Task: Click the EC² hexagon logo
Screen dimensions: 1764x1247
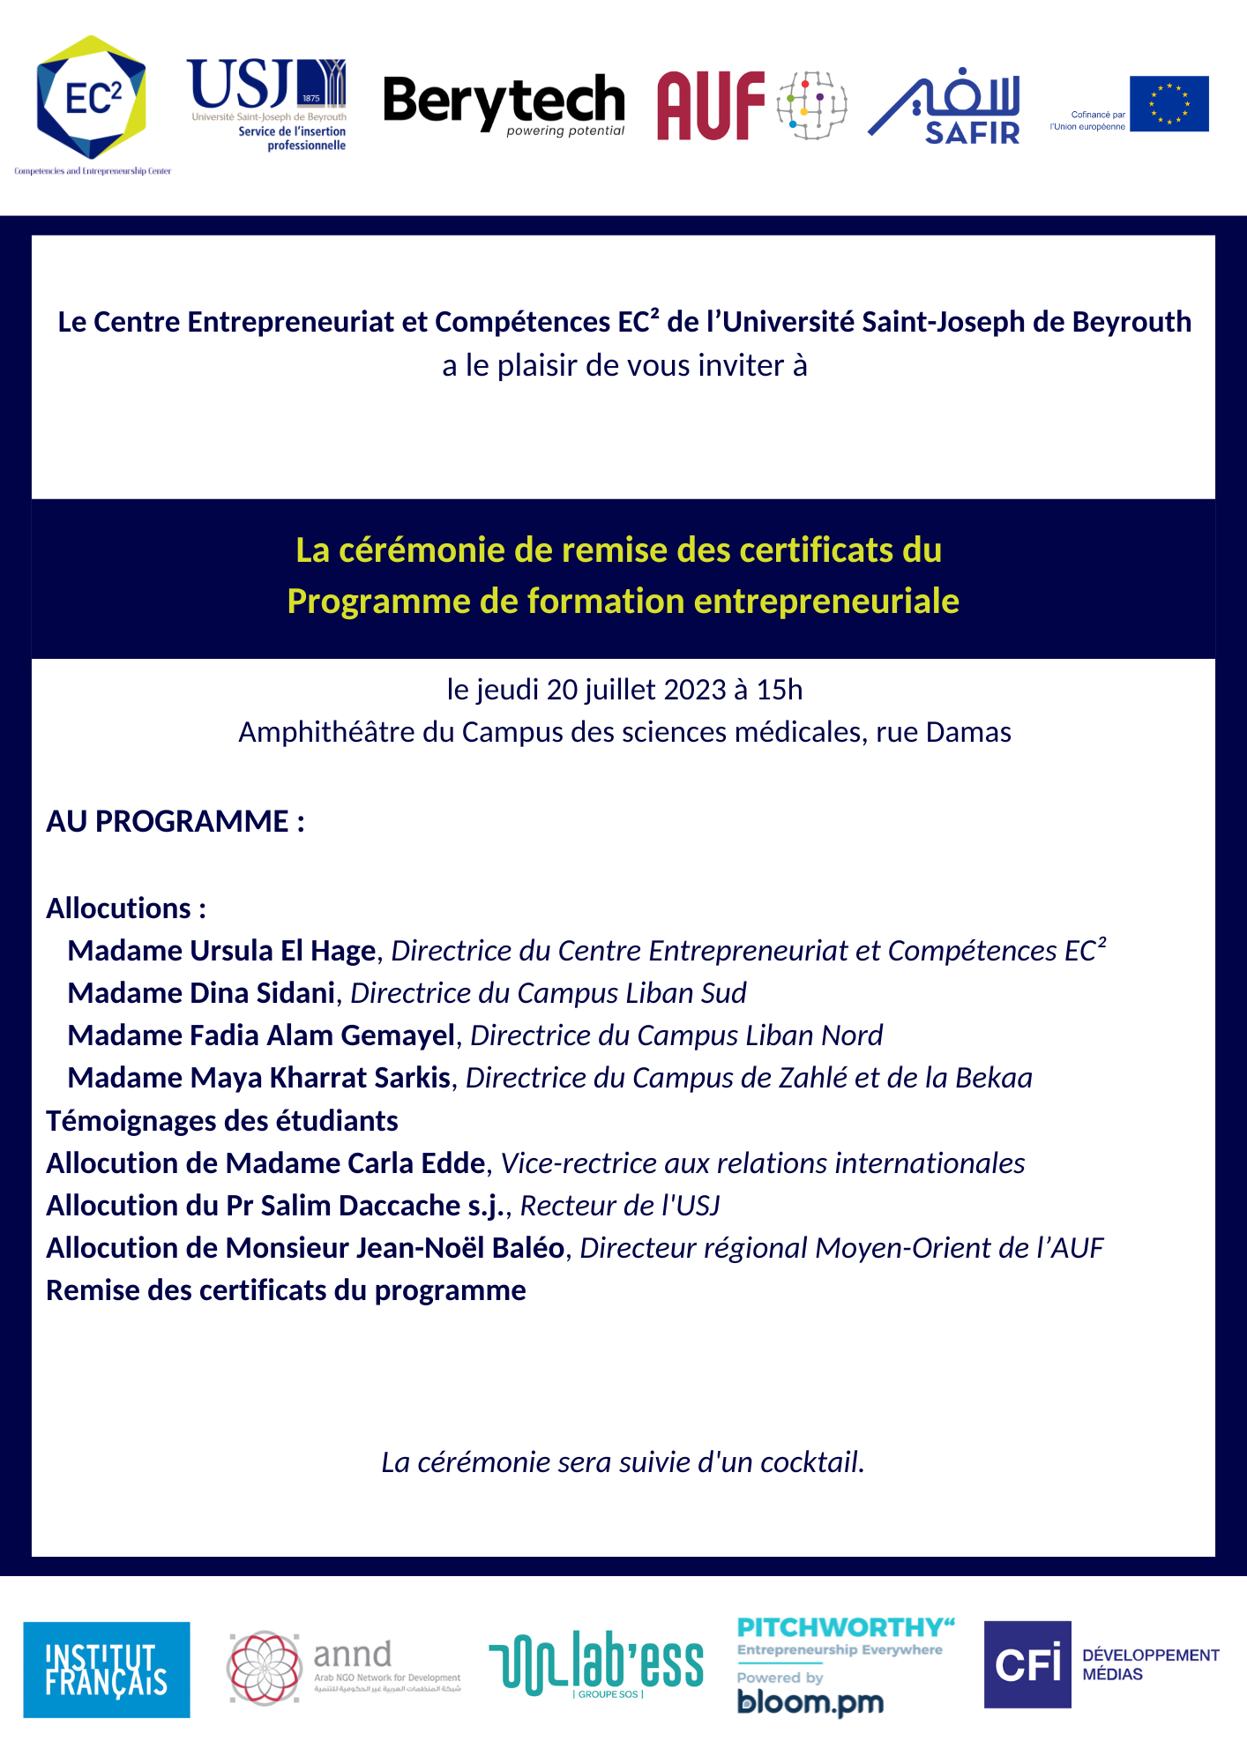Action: (92, 98)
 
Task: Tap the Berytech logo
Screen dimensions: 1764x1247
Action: (504, 103)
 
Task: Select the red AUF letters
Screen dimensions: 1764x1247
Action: (711, 106)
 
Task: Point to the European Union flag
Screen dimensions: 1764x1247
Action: (1169, 104)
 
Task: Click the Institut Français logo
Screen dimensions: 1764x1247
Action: (106, 1670)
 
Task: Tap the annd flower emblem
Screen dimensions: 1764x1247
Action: (264, 1667)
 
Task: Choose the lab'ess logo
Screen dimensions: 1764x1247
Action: (597, 1663)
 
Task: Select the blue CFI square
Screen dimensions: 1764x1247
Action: (1027, 1664)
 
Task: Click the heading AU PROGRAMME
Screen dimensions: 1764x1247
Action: (175, 821)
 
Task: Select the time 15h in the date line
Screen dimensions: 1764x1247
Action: (780, 690)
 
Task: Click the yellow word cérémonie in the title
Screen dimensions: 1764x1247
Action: (422, 550)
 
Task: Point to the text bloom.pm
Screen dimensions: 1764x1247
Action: (810, 1701)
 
